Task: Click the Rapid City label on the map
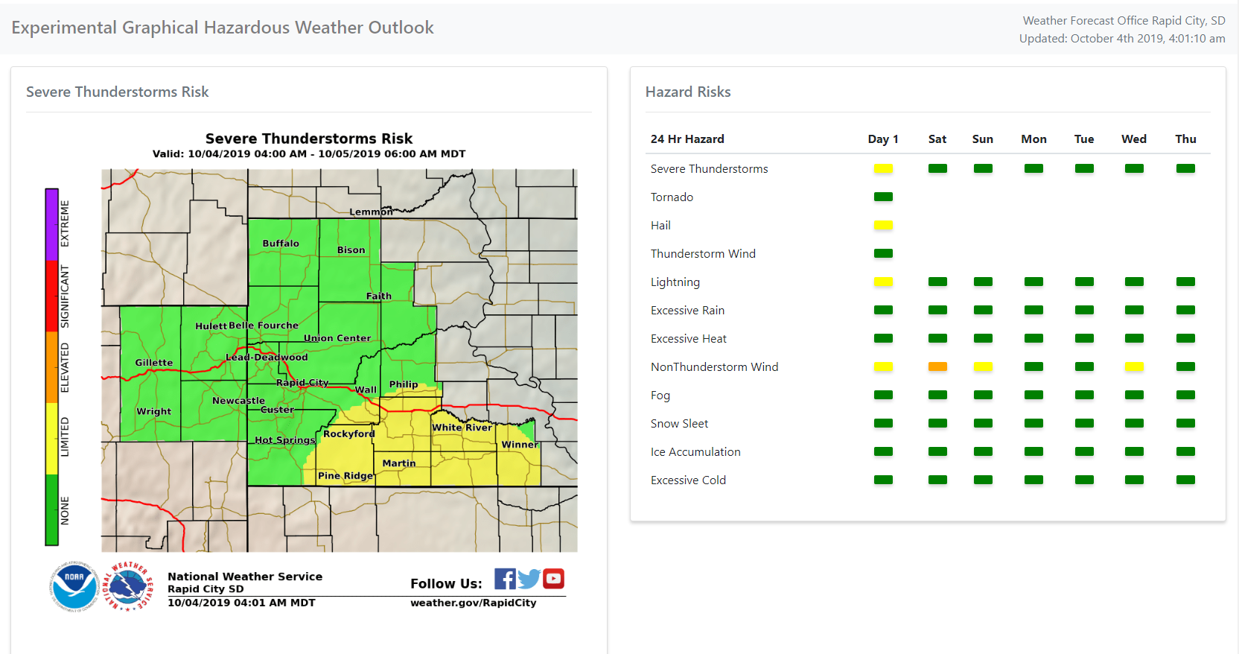point(302,382)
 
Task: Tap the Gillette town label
point(154,363)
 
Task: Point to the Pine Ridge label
point(345,475)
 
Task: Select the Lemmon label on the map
point(371,212)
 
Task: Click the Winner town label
point(519,445)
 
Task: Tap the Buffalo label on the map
point(281,244)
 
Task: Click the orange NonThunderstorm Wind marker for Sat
point(937,366)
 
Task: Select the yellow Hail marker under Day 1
point(883,225)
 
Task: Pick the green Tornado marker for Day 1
point(883,197)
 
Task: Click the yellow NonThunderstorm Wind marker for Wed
point(1134,366)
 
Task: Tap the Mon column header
point(1033,139)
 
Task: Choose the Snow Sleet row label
point(679,424)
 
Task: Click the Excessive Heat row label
point(688,339)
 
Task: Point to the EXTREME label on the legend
point(65,223)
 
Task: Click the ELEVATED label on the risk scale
point(65,367)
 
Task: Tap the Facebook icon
point(505,579)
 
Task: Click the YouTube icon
point(553,579)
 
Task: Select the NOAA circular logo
point(74,586)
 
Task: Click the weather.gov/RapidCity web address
point(473,603)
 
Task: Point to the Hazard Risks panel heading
point(688,92)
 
